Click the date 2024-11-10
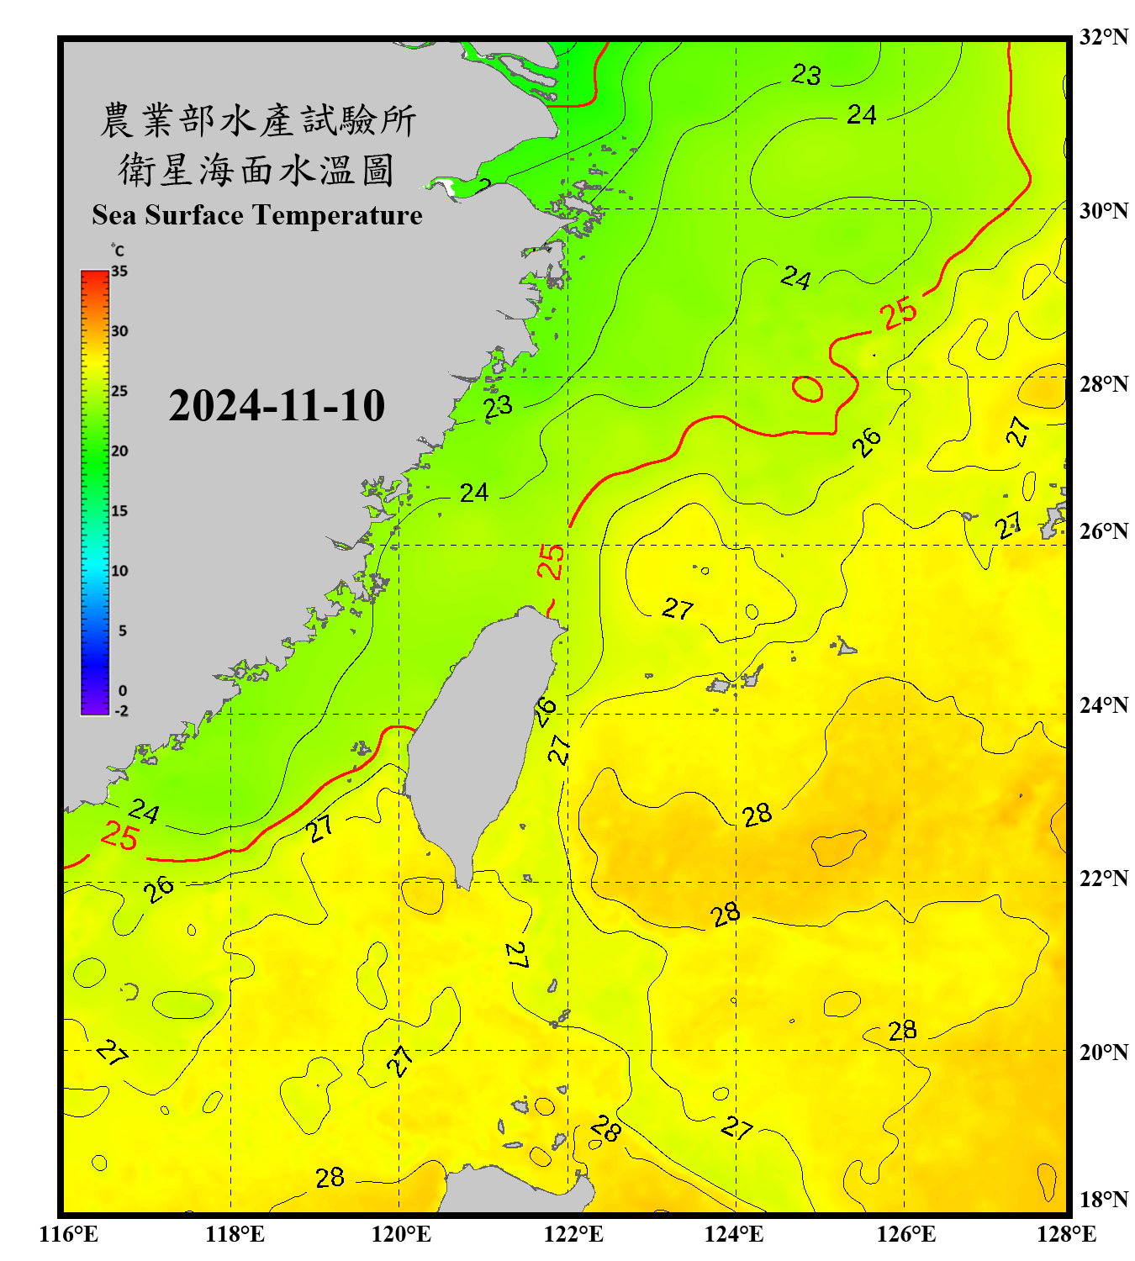coord(277,406)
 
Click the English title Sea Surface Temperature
coord(257,215)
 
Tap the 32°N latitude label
coord(1104,37)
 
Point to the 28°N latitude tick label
coord(1104,384)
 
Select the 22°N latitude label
coord(1104,878)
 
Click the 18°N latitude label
coord(1104,1200)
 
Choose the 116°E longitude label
coord(69,1234)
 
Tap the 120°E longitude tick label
coord(401,1234)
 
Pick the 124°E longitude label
coord(734,1234)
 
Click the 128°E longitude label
coord(1066,1234)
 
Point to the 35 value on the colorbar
coord(119,272)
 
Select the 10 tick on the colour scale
coord(119,571)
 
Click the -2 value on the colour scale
coord(121,711)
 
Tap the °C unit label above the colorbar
coord(118,251)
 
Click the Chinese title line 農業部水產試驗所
coord(257,120)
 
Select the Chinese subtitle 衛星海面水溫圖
coord(257,170)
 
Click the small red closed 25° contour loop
coord(807,388)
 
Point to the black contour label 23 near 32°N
coord(805,75)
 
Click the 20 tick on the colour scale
coord(119,451)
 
